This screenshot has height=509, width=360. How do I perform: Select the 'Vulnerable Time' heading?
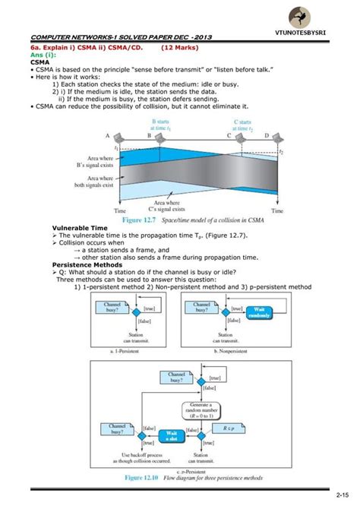(x=77, y=227)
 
